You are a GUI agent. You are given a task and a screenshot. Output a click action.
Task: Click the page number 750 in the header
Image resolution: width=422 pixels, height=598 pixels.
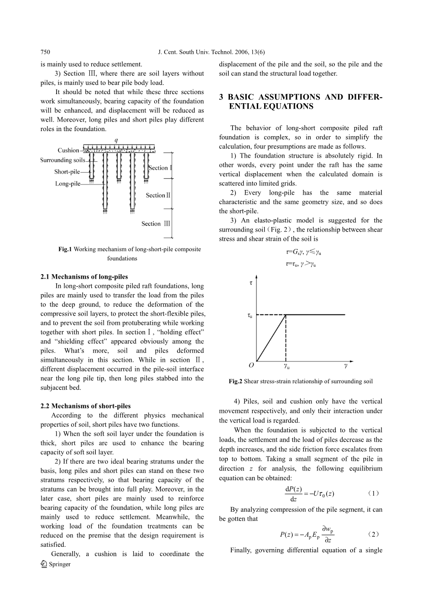(x=45, y=53)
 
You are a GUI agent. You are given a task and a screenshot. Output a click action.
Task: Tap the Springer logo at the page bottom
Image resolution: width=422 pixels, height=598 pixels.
(x=56, y=565)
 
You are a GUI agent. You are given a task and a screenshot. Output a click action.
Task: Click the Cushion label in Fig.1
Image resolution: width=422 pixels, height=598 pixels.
(x=68, y=150)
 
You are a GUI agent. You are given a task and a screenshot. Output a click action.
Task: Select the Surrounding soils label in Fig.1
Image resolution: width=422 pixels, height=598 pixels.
(x=63, y=160)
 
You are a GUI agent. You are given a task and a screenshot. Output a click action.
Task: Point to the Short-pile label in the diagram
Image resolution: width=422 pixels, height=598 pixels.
(x=67, y=172)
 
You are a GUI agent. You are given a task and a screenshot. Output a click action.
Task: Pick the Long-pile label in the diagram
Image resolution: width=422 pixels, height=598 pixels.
(x=68, y=184)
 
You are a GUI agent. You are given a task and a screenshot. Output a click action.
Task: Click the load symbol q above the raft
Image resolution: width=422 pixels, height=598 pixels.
(x=116, y=140)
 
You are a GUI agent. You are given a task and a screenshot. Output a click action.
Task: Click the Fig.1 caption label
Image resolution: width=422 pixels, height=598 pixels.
(x=65, y=249)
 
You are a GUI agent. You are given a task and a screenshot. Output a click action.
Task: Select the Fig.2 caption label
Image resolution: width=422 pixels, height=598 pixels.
(x=236, y=381)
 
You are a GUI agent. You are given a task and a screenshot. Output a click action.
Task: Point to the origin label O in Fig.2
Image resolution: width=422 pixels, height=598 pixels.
(x=251, y=365)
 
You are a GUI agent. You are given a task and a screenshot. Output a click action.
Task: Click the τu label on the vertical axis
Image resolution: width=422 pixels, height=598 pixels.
(x=250, y=315)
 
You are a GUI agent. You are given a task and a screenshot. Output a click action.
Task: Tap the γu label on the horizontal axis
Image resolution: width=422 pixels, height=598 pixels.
(x=286, y=366)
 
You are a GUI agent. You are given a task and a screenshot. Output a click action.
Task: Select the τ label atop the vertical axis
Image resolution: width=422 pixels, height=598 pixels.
(x=251, y=283)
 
